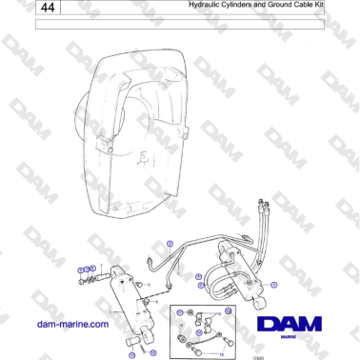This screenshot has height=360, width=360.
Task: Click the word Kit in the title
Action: [x=319, y=6]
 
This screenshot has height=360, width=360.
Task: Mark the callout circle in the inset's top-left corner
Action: [x=177, y=314]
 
